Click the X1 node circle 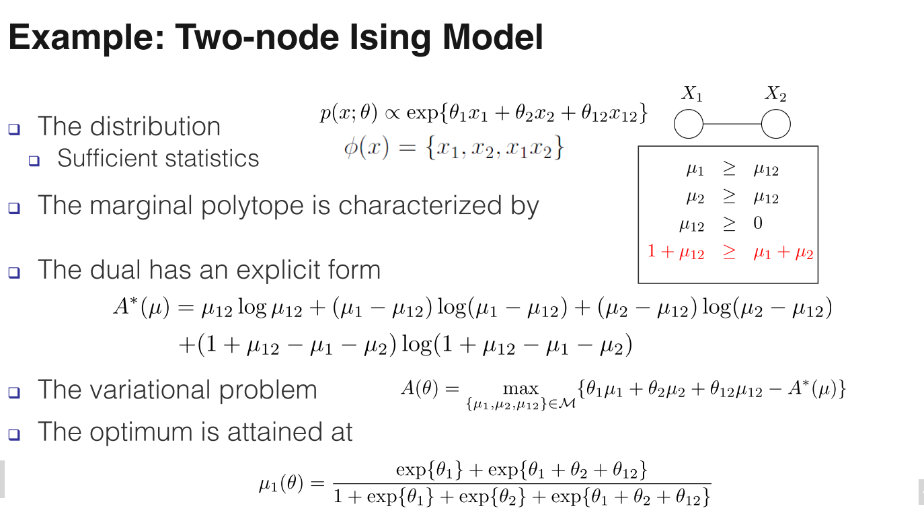click(688, 125)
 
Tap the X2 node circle click(775, 125)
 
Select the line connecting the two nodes click(732, 125)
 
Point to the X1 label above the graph click(692, 94)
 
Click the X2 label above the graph click(775, 94)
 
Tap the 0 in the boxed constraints click(758, 223)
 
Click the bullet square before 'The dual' click(15, 272)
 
